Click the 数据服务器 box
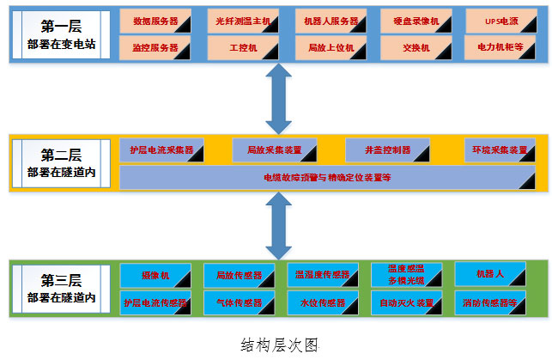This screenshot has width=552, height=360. [x=155, y=21]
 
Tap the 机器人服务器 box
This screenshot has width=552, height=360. [x=331, y=21]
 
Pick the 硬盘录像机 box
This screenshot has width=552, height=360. [x=416, y=21]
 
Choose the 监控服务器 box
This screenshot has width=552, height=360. [x=155, y=47]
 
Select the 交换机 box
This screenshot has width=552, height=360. [x=416, y=47]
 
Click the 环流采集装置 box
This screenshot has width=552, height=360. [x=500, y=149]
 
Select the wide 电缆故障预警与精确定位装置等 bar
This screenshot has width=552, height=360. [x=326, y=178]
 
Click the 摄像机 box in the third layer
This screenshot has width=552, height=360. [x=155, y=275]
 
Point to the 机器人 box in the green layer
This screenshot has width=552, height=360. [x=489, y=275]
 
